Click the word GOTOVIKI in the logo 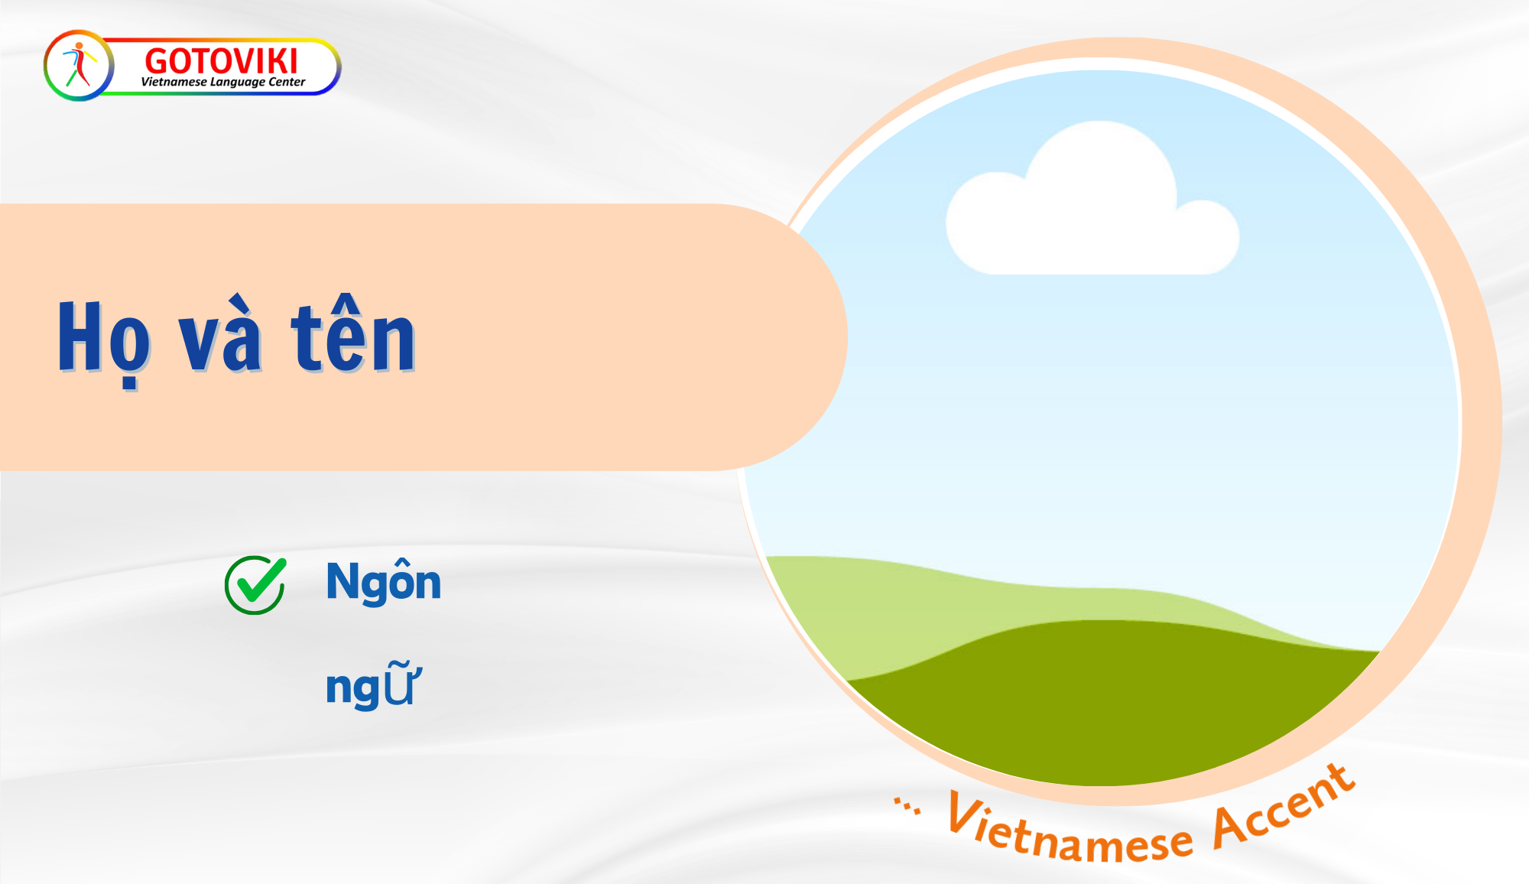click(x=221, y=60)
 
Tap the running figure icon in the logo click(x=79, y=64)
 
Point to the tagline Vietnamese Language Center click(x=223, y=82)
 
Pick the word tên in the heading click(x=353, y=333)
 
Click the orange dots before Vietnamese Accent click(x=907, y=806)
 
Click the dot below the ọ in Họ click(x=130, y=384)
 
